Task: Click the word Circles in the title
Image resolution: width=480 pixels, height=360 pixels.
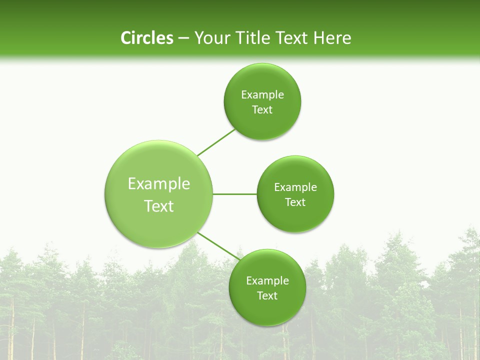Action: coord(146,38)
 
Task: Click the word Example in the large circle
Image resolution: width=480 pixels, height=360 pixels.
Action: coord(159,184)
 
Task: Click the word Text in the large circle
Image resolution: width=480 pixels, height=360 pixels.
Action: coord(159,206)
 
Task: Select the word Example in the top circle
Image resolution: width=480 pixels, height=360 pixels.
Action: coord(262,95)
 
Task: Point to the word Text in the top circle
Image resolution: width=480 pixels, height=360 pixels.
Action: coord(262,110)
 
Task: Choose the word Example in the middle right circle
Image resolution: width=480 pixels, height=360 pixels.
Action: coord(295,187)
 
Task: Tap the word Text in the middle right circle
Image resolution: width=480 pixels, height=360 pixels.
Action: coord(295,202)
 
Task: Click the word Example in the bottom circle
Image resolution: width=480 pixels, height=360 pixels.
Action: coord(267,281)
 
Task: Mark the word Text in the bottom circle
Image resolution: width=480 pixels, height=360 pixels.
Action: coord(267,296)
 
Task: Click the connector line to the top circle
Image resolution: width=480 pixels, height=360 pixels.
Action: coord(216,142)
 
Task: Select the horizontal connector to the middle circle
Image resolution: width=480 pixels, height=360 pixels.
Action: coord(234,194)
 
